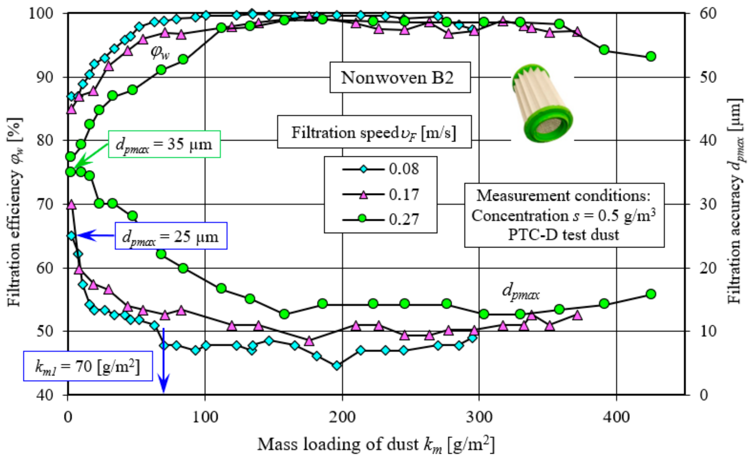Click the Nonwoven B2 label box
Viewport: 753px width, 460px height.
tap(400, 78)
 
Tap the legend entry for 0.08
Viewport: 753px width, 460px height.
tap(381, 169)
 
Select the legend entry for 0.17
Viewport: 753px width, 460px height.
tap(381, 194)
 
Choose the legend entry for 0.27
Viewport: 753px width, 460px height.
tap(381, 219)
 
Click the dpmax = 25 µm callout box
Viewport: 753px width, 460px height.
tap(171, 236)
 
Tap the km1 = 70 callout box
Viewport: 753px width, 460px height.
tap(88, 366)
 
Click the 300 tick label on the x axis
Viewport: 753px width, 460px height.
tap(479, 417)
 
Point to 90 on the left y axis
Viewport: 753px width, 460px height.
tap(45, 77)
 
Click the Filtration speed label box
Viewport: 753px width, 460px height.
tap(374, 132)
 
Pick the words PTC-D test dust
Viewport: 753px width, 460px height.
tap(563, 235)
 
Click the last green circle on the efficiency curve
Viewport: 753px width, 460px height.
tap(651, 57)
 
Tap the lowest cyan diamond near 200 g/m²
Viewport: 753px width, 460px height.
tap(337, 366)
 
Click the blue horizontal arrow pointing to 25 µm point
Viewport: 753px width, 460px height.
tap(95, 235)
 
